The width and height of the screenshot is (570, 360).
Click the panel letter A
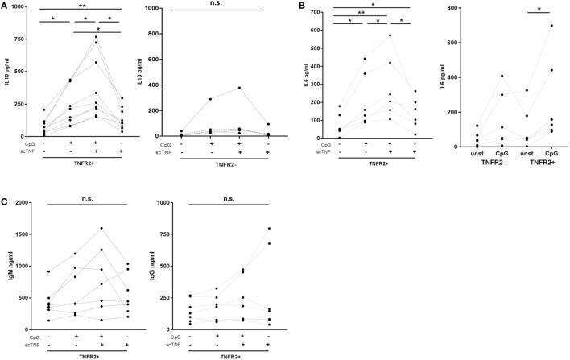[x=6, y=6]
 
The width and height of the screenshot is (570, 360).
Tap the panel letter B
[x=303, y=6]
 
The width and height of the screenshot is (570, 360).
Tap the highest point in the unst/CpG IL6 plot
[x=552, y=26]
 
